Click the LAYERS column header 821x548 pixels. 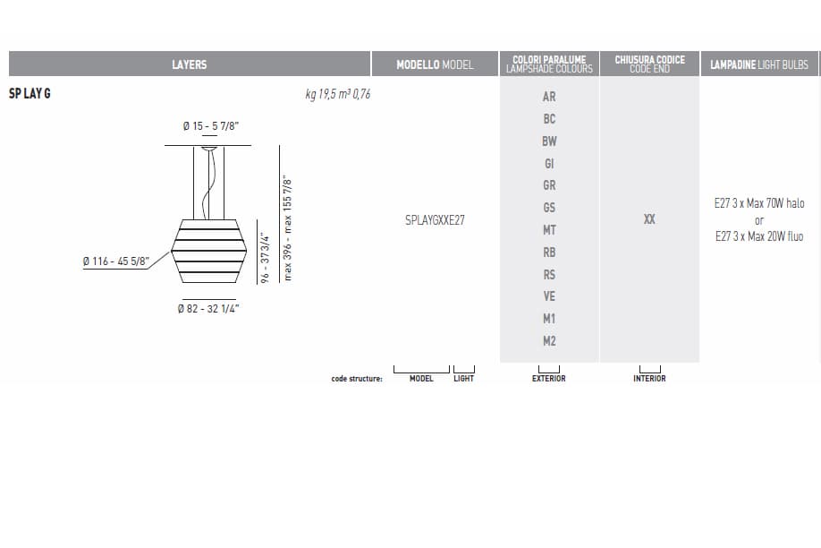tap(189, 64)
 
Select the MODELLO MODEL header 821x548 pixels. tap(435, 64)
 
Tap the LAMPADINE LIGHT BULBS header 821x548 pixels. tap(758, 64)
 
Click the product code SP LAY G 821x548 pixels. tap(30, 93)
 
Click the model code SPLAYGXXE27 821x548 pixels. tap(435, 219)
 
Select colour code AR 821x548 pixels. tap(549, 97)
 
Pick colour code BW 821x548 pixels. tap(549, 141)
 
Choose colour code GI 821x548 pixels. tap(549, 164)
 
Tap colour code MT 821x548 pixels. tap(549, 230)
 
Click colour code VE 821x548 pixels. tap(549, 296)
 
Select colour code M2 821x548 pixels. tap(549, 341)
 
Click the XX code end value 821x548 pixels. tap(649, 218)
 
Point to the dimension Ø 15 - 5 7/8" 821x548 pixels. tap(210, 127)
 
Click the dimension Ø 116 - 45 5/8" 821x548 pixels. tap(115, 261)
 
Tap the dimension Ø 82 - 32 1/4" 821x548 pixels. tap(208, 309)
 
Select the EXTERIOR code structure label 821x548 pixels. tap(549, 379)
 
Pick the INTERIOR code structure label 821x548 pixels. tap(649, 379)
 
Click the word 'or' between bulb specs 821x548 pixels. tap(759, 220)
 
